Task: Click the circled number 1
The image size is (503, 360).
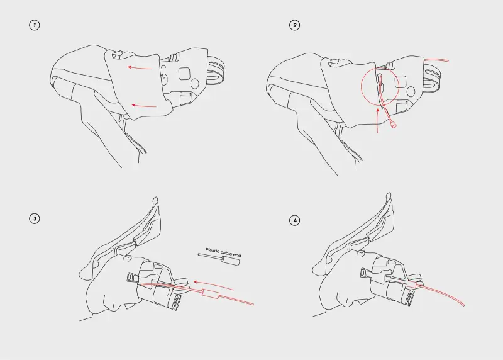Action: (35, 25)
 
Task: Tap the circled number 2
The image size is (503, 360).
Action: (294, 25)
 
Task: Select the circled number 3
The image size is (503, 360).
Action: (35, 218)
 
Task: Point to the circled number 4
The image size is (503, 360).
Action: (294, 221)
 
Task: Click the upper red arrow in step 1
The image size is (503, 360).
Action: (140, 67)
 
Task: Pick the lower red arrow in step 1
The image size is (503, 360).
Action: (144, 106)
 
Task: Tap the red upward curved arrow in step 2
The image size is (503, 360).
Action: (377, 120)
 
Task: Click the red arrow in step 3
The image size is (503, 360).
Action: (213, 284)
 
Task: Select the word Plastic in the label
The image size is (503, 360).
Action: (213, 250)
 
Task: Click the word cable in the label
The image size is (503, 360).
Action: (226, 253)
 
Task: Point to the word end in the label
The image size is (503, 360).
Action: (237, 255)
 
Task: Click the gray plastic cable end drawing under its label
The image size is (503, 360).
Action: (219, 259)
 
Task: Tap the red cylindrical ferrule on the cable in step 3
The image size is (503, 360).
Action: (210, 293)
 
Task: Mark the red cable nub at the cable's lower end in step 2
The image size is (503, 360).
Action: (394, 125)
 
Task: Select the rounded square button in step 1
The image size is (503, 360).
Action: (185, 74)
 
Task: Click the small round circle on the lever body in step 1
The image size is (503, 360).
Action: (195, 84)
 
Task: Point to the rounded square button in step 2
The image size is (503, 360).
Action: (401, 82)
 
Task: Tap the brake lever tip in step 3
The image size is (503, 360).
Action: (155, 200)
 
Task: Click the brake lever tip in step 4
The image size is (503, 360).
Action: (389, 195)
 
